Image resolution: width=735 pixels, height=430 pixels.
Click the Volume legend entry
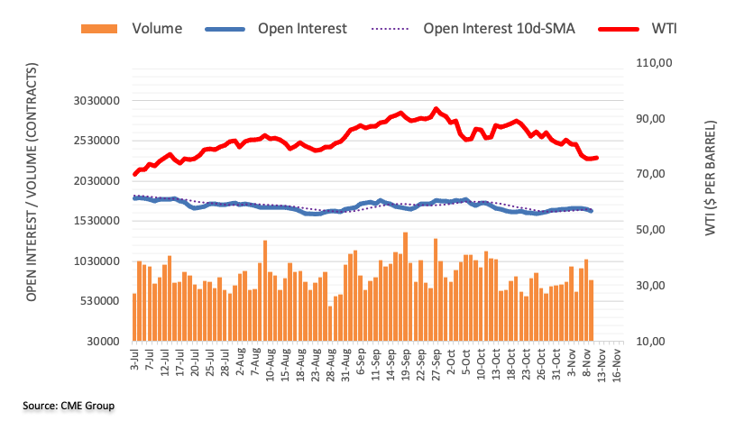(x=156, y=28)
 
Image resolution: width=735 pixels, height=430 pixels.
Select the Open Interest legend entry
(x=301, y=28)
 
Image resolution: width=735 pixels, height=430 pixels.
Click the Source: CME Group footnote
(x=69, y=407)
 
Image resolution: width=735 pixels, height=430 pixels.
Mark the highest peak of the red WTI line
(x=436, y=109)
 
